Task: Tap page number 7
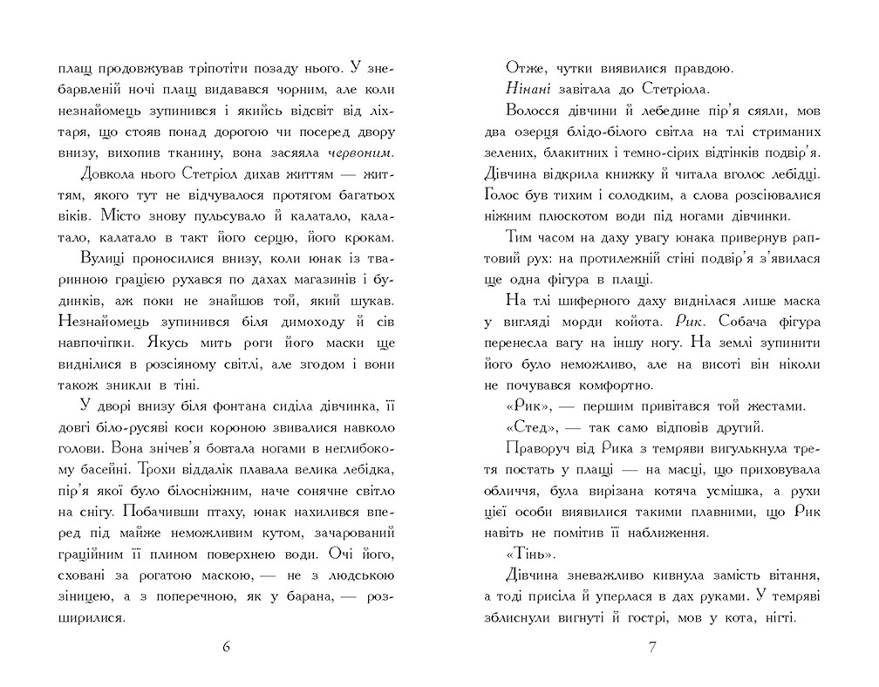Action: coord(652,648)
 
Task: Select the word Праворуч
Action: coord(535,449)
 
